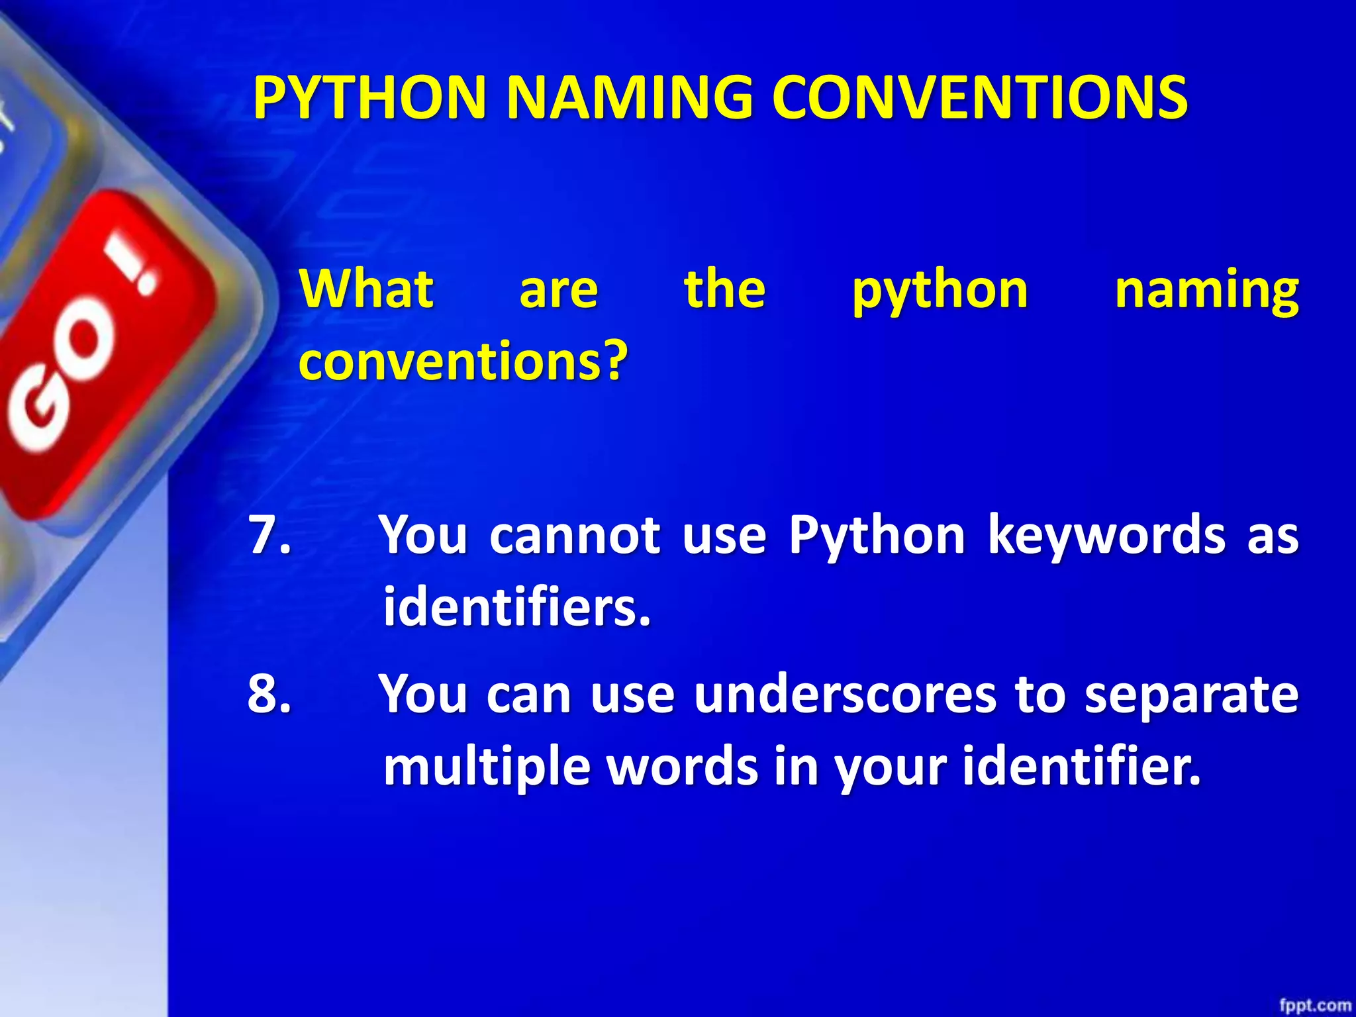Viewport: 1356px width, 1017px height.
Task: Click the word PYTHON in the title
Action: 370,98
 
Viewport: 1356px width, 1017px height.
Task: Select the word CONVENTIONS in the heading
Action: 980,98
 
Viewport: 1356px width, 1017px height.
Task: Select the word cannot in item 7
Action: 574,535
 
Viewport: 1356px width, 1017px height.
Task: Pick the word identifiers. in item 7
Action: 517,607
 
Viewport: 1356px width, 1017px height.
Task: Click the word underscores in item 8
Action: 845,695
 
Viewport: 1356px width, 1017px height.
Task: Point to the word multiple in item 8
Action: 487,767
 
